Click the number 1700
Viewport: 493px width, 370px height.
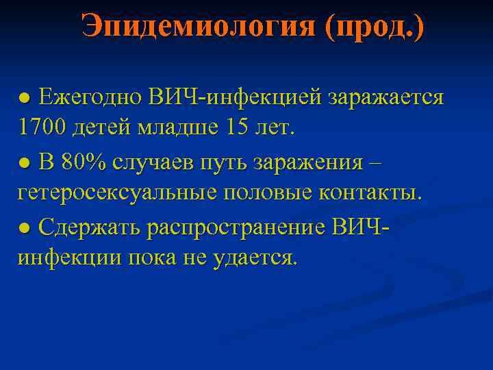point(43,128)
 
